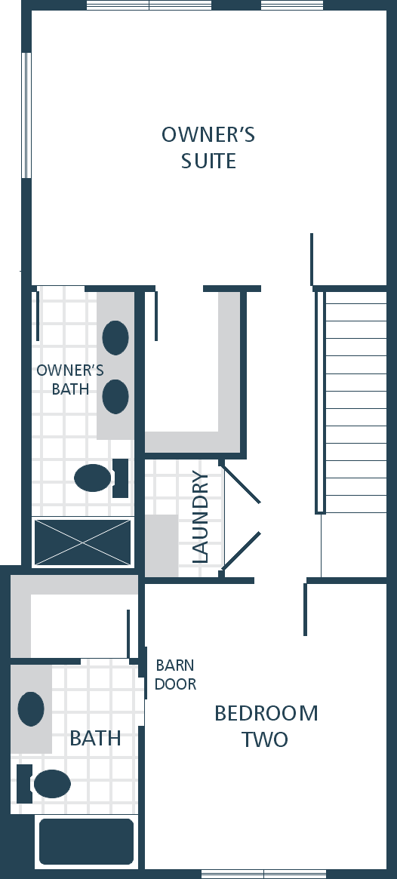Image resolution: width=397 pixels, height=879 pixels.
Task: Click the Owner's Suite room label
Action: pyautogui.click(x=208, y=147)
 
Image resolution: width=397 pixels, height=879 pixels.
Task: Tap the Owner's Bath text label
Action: pyautogui.click(x=70, y=380)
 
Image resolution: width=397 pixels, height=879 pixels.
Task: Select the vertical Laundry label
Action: pyautogui.click(x=200, y=516)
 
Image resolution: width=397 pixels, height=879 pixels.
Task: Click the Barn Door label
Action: pyautogui.click(x=176, y=675)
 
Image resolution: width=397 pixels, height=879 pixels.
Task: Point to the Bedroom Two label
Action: pyautogui.click(x=266, y=726)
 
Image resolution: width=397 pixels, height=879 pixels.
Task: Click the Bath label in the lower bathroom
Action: pyautogui.click(x=95, y=739)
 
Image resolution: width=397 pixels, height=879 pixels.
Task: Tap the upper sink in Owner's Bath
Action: pyautogui.click(x=115, y=337)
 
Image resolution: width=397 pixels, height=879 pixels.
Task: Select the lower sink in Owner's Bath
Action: pyautogui.click(x=115, y=396)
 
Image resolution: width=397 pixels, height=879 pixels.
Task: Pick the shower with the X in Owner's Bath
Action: pyautogui.click(x=82, y=542)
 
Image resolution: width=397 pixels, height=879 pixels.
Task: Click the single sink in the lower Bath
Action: pyautogui.click(x=31, y=709)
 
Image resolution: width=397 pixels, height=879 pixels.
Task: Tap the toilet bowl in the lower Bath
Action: pyautogui.click(x=52, y=784)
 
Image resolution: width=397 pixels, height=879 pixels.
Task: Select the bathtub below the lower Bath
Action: pyautogui.click(x=86, y=841)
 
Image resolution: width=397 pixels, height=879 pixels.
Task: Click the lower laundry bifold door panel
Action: pyautogui.click(x=242, y=552)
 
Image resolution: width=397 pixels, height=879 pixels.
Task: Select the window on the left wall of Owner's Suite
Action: pyautogui.click(x=26, y=115)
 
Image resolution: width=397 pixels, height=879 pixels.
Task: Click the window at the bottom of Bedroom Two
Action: pyautogui.click(x=263, y=874)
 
